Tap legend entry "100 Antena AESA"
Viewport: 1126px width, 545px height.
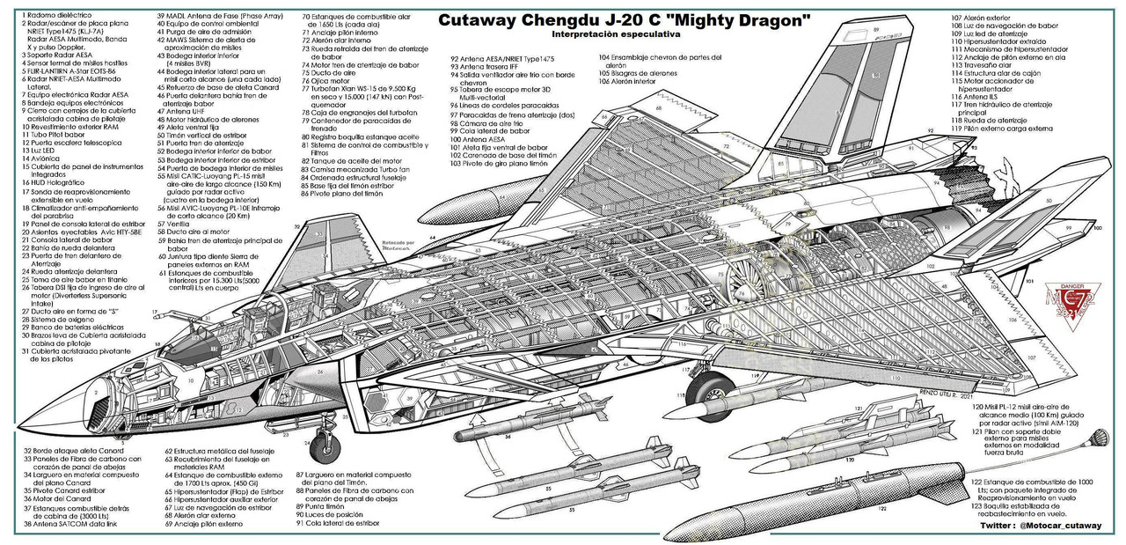479,139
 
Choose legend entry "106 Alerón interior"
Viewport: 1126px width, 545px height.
633,81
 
